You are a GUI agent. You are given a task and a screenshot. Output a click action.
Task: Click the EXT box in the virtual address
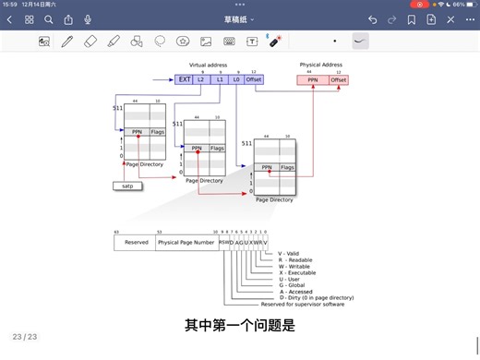pyautogui.click(x=184, y=80)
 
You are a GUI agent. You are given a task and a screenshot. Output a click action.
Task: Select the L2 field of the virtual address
pyautogui.click(x=201, y=80)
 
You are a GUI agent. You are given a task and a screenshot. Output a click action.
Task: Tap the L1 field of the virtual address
pyautogui.click(x=219, y=80)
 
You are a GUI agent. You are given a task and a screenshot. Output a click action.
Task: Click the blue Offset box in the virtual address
pyautogui.click(x=254, y=80)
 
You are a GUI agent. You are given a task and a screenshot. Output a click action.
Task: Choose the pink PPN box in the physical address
pyautogui.click(x=313, y=80)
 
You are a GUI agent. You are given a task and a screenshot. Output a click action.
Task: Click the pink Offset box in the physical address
pyautogui.click(x=339, y=80)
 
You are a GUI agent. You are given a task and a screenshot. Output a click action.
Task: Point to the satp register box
pyautogui.click(x=127, y=186)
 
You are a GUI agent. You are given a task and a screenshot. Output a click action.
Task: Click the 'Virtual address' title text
pyautogui.click(x=208, y=65)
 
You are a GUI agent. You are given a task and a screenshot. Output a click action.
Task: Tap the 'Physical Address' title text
pyautogui.click(x=322, y=65)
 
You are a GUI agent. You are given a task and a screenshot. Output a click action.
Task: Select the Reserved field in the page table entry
pyautogui.click(x=136, y=243)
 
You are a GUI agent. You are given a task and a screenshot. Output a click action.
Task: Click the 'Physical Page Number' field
pyautogui.click(x=187, y=243)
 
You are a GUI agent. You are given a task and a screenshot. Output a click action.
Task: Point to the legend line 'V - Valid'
pyautogui.click(x=287, y=254)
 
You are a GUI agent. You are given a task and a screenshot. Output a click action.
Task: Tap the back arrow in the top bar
pyautogui.click(x=9, y=18)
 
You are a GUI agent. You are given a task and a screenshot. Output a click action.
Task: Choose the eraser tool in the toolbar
pyautogui.click(x=90, y=42)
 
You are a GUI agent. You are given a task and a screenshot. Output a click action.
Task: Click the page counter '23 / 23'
pyautogui.click(x=24, y=337)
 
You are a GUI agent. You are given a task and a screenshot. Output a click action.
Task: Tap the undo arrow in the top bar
pyautogui.click(x=372, y=18)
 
